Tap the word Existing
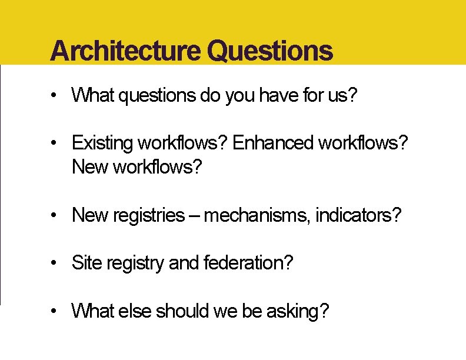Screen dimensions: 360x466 click(x=102, y=143)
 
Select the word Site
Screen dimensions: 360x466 click(x=85, y=263)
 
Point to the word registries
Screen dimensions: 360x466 click(x=147, y=216)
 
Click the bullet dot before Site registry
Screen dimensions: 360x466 click(x=54, y=263)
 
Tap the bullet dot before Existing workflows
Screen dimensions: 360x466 click(x=54, y=143)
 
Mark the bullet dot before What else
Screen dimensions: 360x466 click(x=54, y=311)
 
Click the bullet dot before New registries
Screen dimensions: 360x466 click(x=54, y=216)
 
